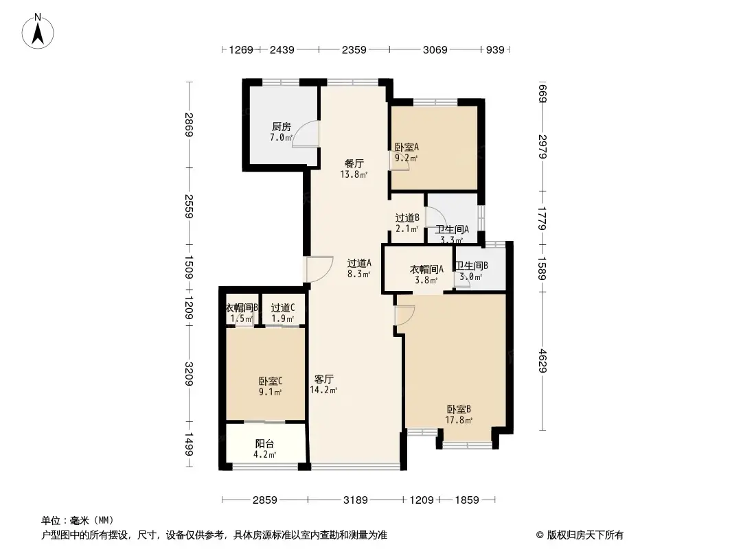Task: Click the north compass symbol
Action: tap(38, 31)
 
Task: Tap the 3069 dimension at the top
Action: tap(435, 49)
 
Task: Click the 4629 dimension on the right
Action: tap(542, 362)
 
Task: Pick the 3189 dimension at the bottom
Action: tap(356, 500)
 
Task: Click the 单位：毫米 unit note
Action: tap(77, 519)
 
